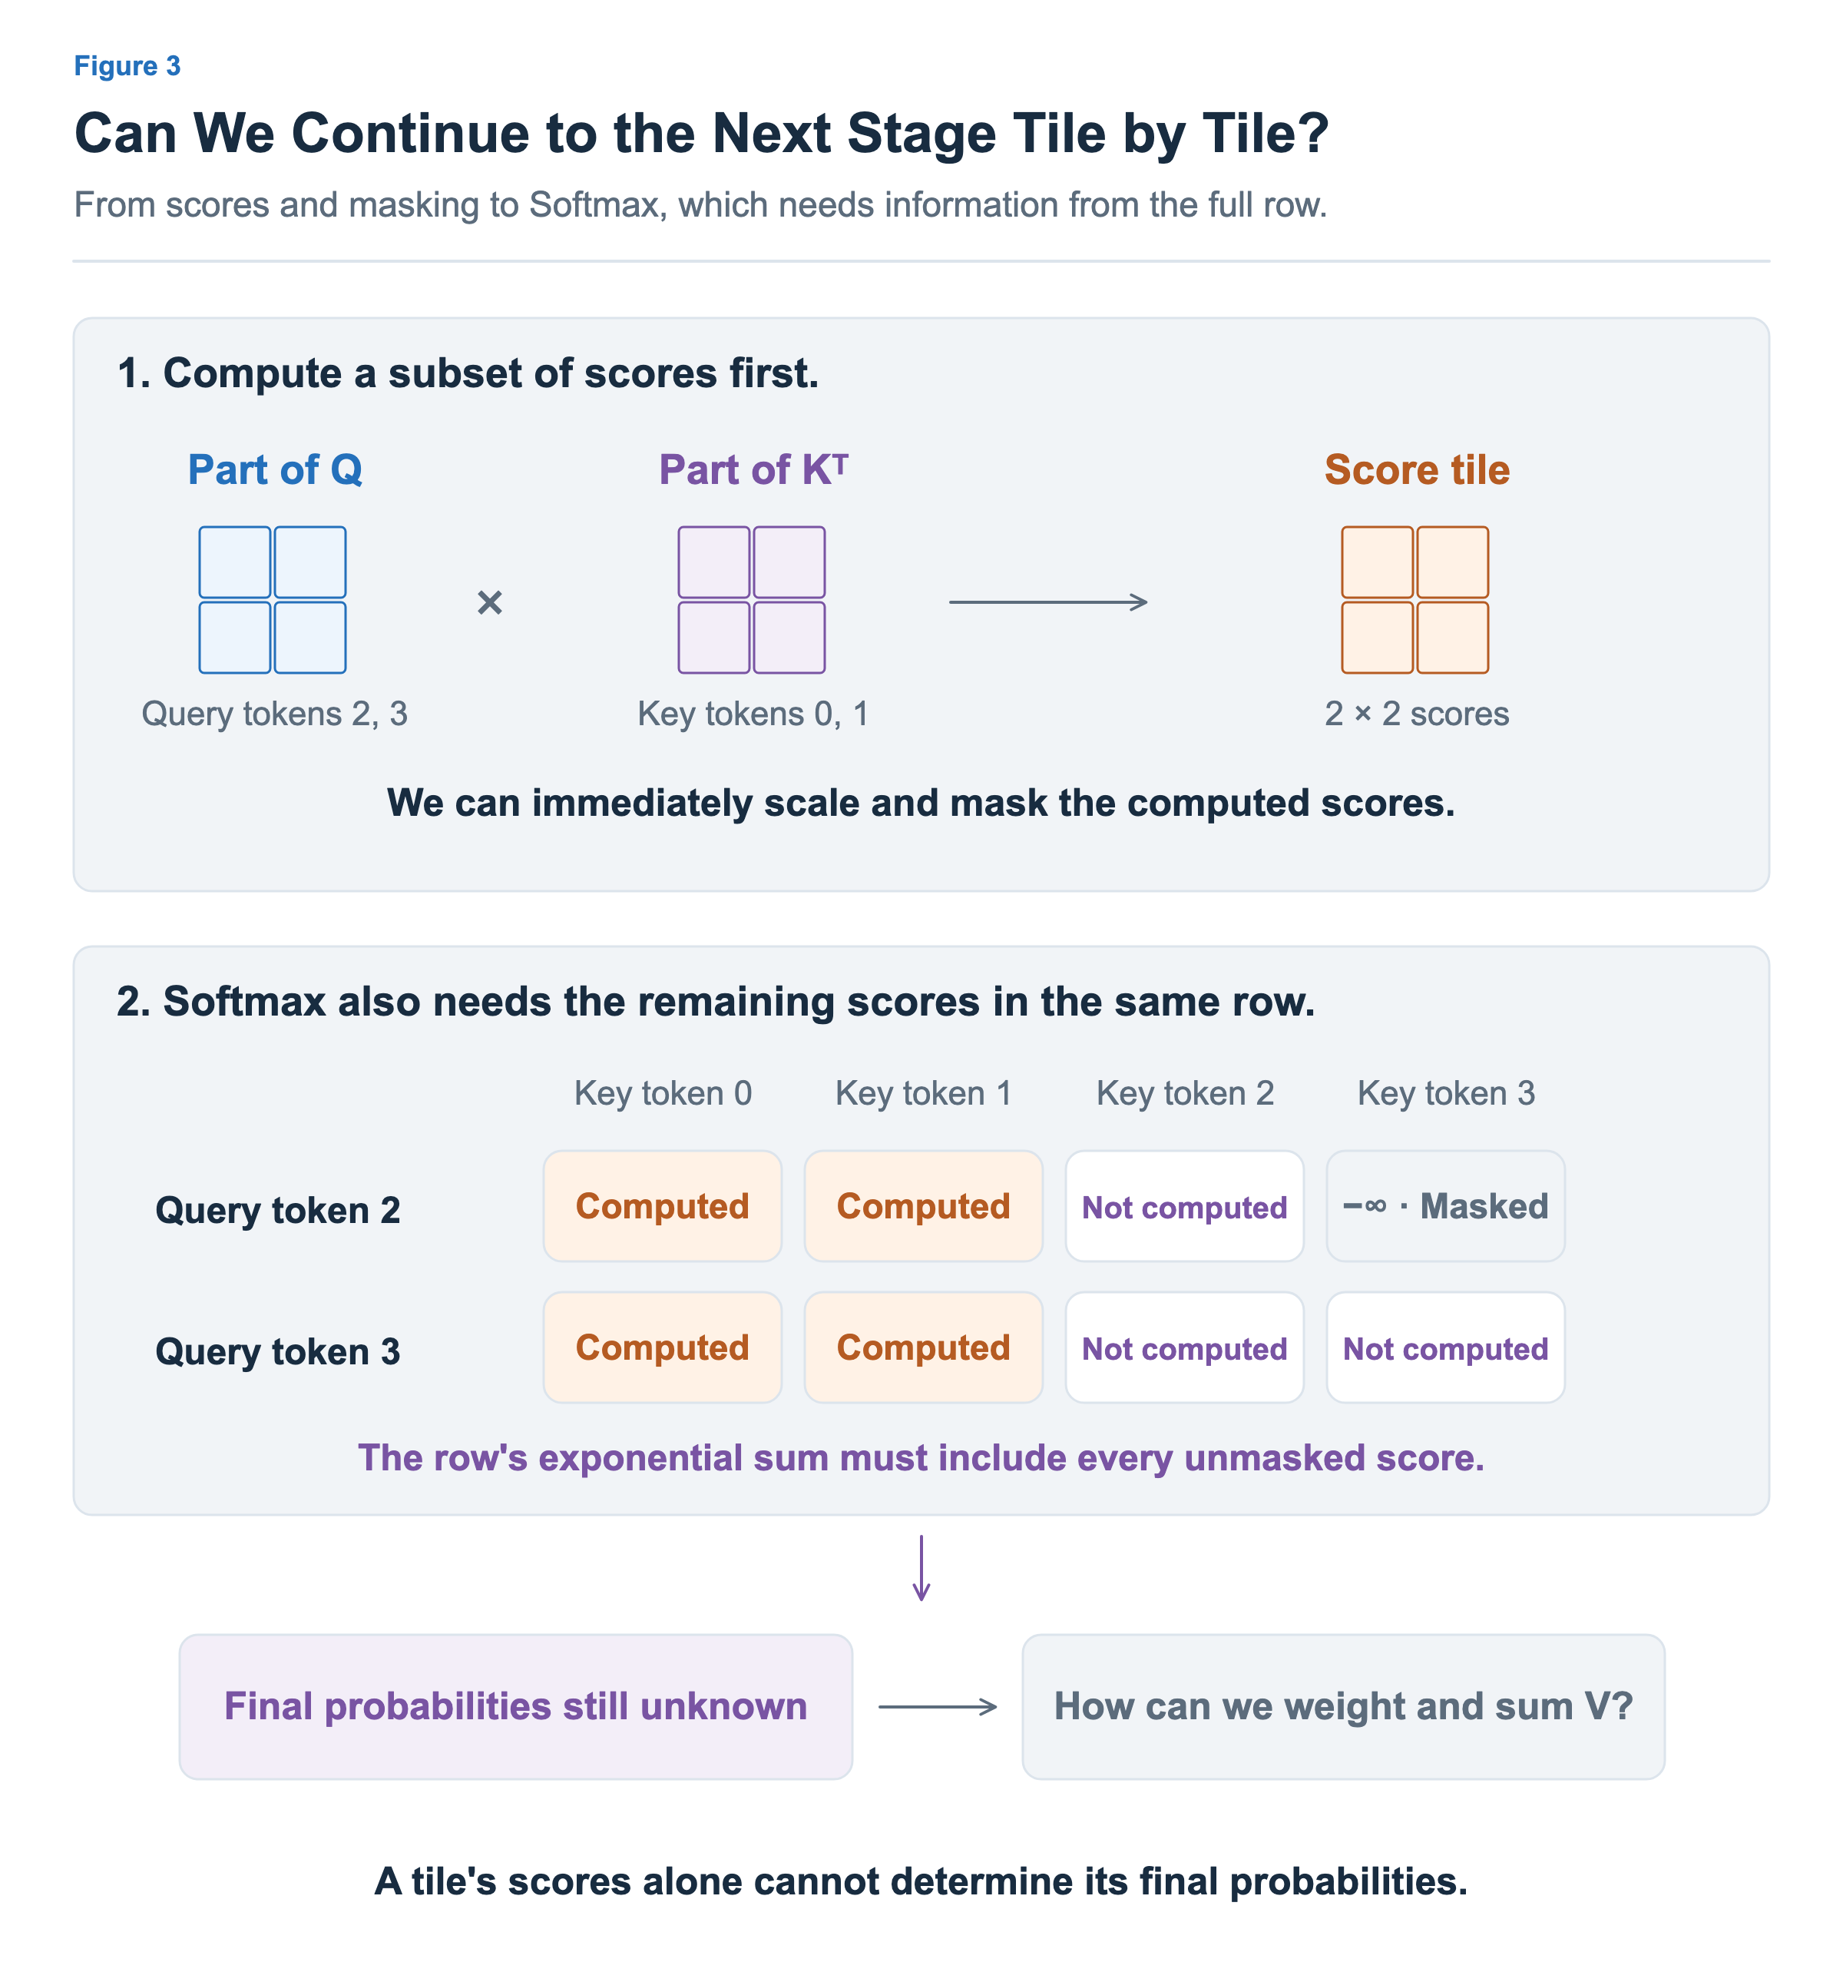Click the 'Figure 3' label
click(127, 66)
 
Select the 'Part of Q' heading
click(275, 469)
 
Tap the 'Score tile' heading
click(1416, 469)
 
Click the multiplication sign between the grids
click(489, 602)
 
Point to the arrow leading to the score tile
click(1047, 602)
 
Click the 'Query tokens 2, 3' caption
click(274, 714)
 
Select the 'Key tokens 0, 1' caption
click(753, 714)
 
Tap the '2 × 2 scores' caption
click(1416, 714)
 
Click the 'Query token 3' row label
click(277, 1352)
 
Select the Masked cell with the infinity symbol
click(1445, 1206)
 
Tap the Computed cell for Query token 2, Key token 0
click(663, 1206)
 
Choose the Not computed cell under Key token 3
click(1445, 1348)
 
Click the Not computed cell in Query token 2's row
click(1185, 1206)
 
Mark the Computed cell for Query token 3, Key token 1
click(924, 1348)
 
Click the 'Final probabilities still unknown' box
click(515, 1707)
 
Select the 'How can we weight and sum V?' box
click(1344, 1707)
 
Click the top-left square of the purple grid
click(713, 562)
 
